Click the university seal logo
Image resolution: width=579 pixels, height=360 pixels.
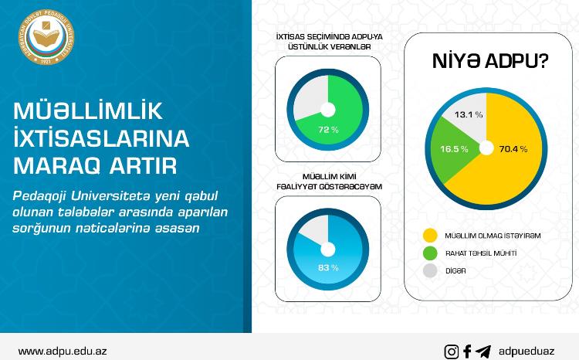[x=46, y=37]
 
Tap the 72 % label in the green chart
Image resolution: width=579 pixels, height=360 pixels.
[x=328, y=130]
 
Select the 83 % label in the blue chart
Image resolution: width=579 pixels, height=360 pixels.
[x=328, y=267]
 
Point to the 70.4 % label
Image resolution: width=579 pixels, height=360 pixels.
[x=513, y=149]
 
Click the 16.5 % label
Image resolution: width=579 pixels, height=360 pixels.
[x=454, y=149]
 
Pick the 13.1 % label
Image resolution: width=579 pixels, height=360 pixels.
[x=469, y=114]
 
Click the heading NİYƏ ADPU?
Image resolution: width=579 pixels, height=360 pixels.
[x=490, y=61]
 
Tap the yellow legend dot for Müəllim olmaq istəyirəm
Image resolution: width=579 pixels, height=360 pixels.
[x=430, y=236]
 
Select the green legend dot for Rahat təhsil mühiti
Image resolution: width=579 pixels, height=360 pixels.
[x=430, y=253]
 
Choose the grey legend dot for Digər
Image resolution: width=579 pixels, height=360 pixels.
[x=430, y=271]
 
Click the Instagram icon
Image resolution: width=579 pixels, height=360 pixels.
[x=452, y=352]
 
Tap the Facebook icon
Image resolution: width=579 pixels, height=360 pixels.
[x=467, y=352]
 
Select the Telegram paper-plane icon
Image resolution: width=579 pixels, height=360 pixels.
[x=483, y=352]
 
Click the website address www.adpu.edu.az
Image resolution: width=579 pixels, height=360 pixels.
[x=63, y=352]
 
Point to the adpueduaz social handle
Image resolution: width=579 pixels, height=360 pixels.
[x=527, y=352]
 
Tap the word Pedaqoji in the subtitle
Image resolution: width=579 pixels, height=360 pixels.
[x=39, y=196]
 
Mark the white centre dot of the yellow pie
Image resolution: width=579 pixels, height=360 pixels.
[x=486, y=148]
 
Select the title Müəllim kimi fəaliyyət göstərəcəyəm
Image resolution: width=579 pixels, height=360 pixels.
[x=329, y=182]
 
